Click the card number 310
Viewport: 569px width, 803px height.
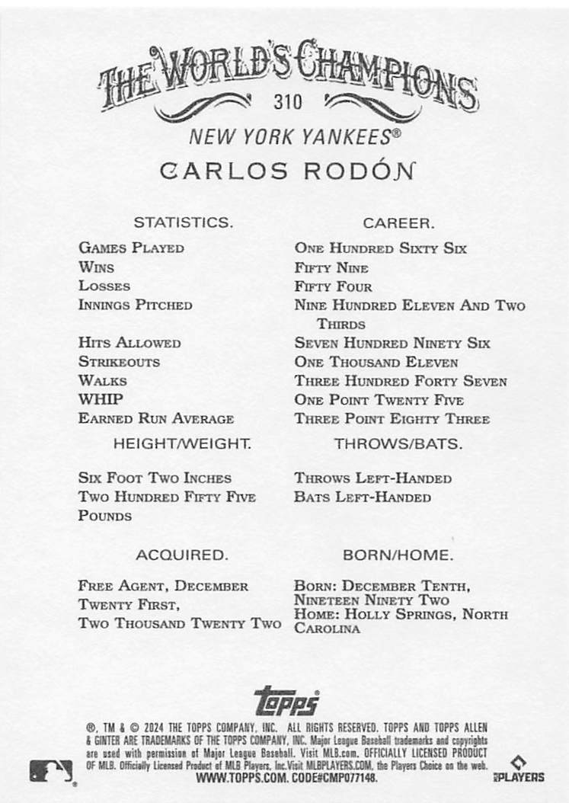coord(288,101)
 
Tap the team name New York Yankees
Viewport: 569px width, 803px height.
coord(294,137)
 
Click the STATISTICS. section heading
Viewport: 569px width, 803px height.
coord(183,223)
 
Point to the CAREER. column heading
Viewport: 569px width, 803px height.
coord(398,223)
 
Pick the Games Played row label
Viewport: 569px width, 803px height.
coord(131,248)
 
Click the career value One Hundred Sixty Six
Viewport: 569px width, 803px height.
coord(380,248)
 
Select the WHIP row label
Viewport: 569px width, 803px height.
coord(101,399)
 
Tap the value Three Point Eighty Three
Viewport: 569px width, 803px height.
coord(392,418)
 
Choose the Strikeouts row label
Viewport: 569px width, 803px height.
coord(119,362)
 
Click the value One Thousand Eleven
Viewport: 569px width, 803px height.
coord(376,362)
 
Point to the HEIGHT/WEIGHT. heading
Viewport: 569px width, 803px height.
coord(182,443)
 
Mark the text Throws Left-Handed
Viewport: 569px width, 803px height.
coord(372,478)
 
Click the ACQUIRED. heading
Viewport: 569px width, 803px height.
coord(181,555)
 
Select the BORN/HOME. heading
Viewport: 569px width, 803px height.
coord(398,555)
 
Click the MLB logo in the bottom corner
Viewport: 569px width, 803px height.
coord(51,771)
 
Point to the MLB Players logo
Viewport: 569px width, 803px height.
coord(527,769)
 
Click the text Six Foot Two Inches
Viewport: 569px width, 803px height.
coord(155,478)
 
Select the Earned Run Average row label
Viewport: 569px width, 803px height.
coord(155,418)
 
